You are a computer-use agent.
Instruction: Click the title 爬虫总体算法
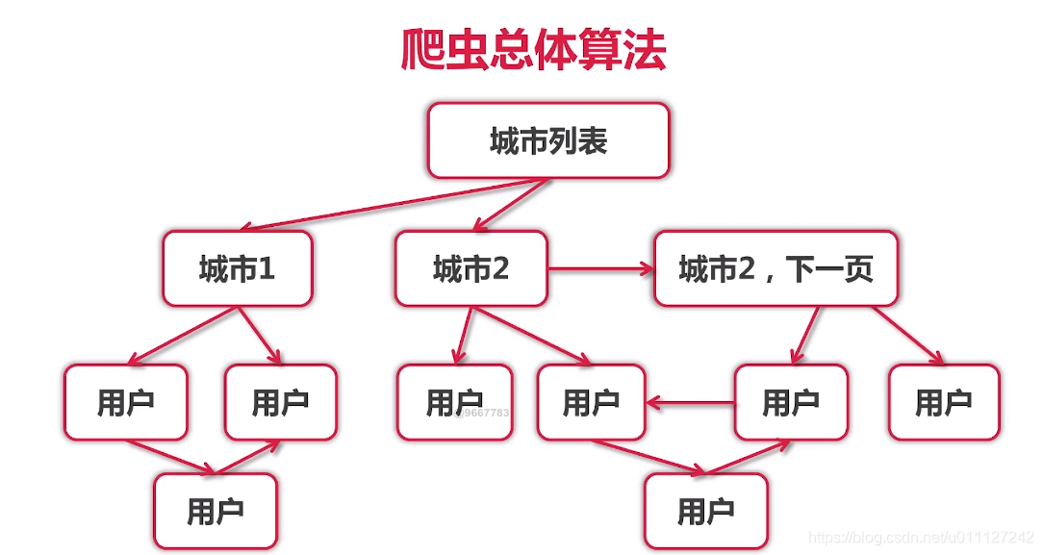(x=533, y=51)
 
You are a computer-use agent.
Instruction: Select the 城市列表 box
(x=547, y=141)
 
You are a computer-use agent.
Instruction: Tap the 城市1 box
(x=237, y=268)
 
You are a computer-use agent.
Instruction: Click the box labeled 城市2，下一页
(x=776, y=268)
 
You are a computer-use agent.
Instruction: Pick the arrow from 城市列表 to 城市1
(x=385, y=206)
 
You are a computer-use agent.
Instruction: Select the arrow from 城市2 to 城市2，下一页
(x=600, y=269)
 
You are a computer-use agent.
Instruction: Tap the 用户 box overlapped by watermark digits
(x=455, y=402)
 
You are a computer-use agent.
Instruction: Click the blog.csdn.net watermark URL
(x=922, y=537)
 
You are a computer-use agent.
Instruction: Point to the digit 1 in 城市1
(x=267, y=269)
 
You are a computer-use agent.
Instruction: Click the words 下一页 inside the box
(x=829, y=269)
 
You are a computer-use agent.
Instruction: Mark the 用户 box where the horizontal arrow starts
(x=791, y=402)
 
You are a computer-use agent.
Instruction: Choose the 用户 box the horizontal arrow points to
(x=590, y=402)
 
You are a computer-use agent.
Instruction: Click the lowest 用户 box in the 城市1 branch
(x=216, y=511)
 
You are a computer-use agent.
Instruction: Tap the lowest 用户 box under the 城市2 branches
(x=705, y=511)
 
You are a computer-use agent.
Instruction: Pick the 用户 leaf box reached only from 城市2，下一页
(x=943, y=402)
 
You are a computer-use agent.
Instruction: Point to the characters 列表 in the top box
(x=577, y=141)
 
